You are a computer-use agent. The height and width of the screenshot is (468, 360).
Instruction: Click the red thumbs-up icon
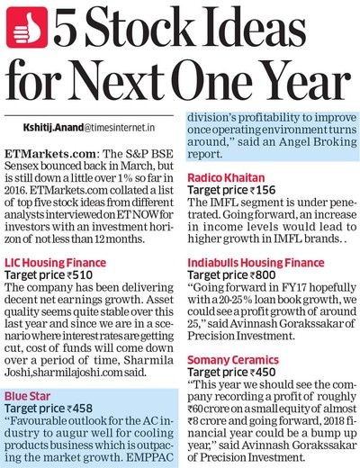pos(28,28)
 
